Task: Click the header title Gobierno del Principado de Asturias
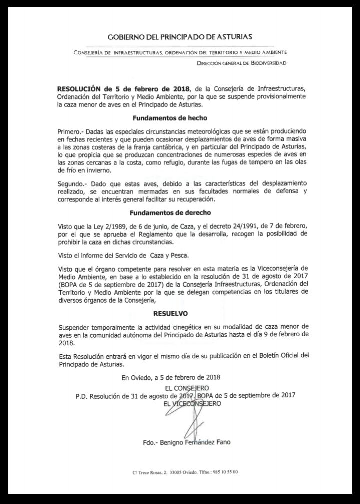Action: tap(180, 37)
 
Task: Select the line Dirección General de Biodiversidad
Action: tap(242, 63)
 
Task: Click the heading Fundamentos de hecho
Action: tap(166, 119)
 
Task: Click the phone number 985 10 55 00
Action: tap(226, 472)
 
